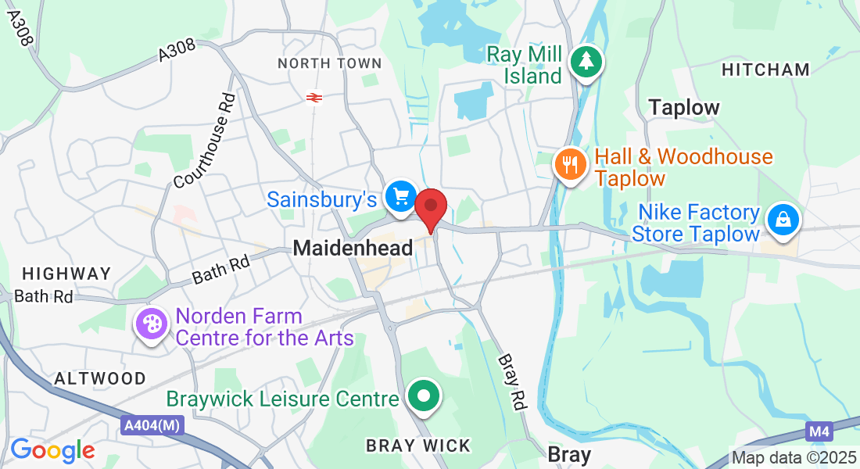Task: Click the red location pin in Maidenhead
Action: [430, 209]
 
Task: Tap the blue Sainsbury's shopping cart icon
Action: [402, 196]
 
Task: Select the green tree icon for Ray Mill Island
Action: [586, 61]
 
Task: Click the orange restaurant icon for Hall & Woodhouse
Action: [568, 165]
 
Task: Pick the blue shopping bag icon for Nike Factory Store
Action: [783, 220]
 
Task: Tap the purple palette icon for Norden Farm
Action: [150, 324]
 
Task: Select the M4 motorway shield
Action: [817, 431]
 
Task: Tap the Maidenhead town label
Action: [353, 249]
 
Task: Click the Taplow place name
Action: [684, 107]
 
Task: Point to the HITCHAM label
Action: [765, 70]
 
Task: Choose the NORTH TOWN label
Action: [330, 63]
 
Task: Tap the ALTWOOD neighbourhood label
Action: [100, 378]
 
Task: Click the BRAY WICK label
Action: [419, 446]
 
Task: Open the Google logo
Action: [52, 450]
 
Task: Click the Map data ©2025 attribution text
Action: [794, 458]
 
